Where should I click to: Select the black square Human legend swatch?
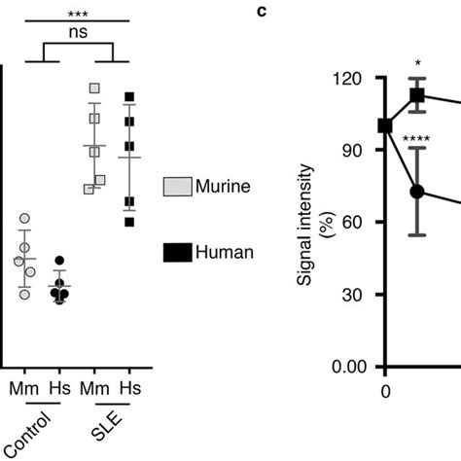pyautogui.click(x=178, y=253)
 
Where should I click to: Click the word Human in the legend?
pyautogui.click(x=225, y=253)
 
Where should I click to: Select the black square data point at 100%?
pyautogui.click(x=385, y=125)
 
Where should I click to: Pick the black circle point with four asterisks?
pyautogui.click(x=418, y=192)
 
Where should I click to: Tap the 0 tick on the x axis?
pyautogui.click(x=385, y=391)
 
